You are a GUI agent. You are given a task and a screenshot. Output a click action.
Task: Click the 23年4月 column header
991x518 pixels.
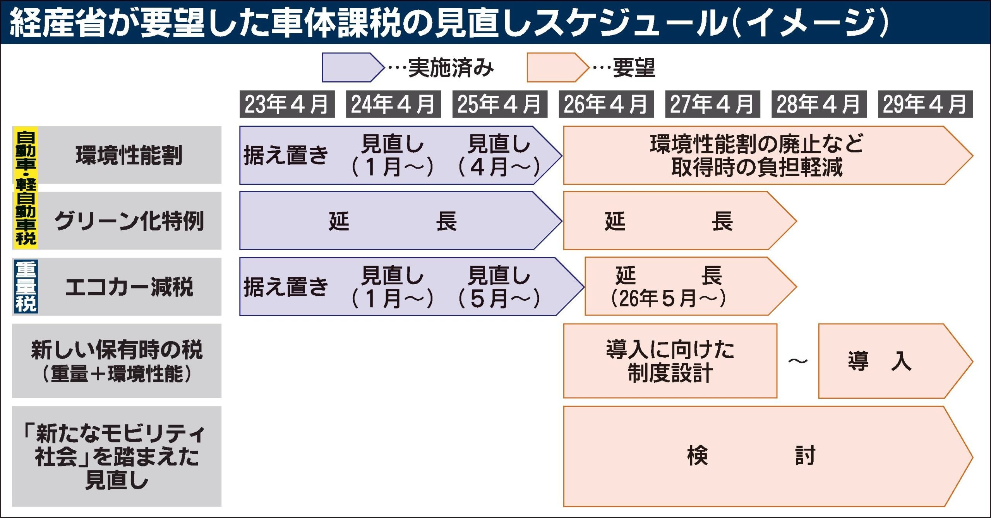[x=287, y=104]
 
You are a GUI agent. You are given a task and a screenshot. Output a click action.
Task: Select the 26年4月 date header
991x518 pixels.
[x=606, y=104]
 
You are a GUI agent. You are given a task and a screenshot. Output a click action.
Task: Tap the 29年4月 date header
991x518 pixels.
[x=925, y=104]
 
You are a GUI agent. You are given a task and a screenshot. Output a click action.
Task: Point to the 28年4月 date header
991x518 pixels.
[x=819, y=104]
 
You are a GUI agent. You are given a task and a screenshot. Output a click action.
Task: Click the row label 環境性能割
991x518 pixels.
[x=129, y=155]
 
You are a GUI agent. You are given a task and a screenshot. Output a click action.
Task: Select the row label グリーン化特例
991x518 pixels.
[x=129, y=221]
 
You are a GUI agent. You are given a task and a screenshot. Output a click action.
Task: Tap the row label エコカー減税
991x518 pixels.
[x=129, y=287]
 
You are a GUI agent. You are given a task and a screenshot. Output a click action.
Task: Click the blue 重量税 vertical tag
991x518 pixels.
[x=26, y=287]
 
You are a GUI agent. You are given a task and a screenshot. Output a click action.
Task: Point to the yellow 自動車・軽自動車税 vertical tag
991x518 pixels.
[x=26, y=188]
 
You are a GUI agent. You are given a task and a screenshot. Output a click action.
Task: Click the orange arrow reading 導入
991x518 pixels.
[x=886, y=361]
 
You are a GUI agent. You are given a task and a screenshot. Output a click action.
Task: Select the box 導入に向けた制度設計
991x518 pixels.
[x=670, y=361]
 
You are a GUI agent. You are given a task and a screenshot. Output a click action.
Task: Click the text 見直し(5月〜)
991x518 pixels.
[x=499, y=287]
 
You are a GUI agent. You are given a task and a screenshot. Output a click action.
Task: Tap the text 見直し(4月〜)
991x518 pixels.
[x=499, y=155]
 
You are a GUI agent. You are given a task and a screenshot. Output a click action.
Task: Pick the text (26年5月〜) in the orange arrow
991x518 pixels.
[x=668, y=298]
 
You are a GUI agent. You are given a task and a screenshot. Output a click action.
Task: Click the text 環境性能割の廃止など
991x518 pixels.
[x=757, y=144]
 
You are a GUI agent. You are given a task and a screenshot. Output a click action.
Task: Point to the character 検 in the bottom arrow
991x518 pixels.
[x=698, y=456]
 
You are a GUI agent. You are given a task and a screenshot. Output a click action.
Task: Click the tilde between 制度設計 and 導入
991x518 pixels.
[x=798, y=361]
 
